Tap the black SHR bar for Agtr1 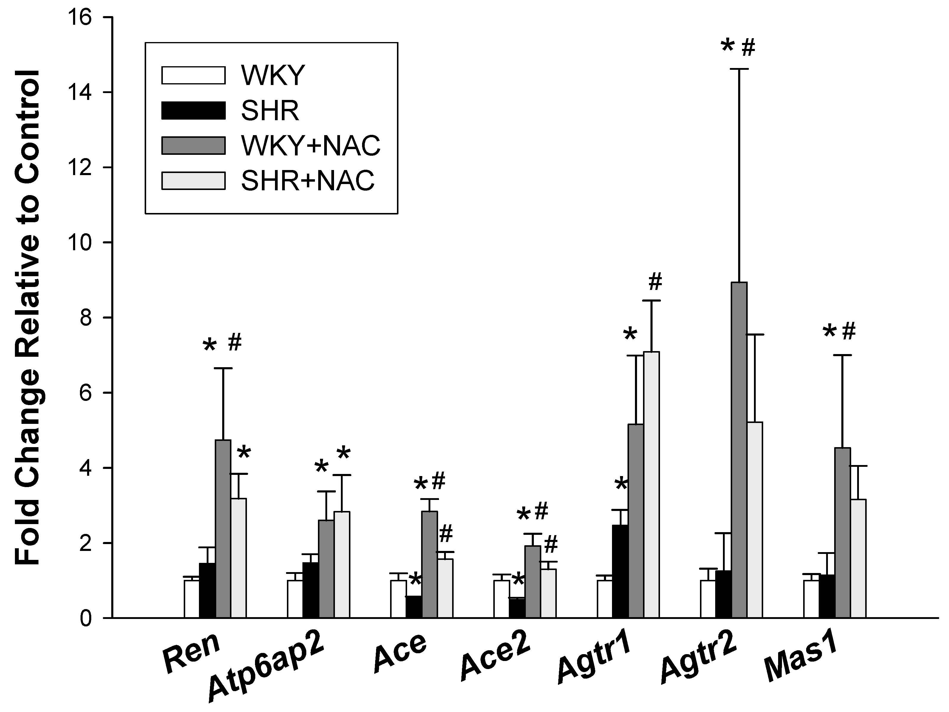pos(620,571)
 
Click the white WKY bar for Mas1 pos(811,599)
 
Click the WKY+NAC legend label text pos(310,146)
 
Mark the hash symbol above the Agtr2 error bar pos(748,47)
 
